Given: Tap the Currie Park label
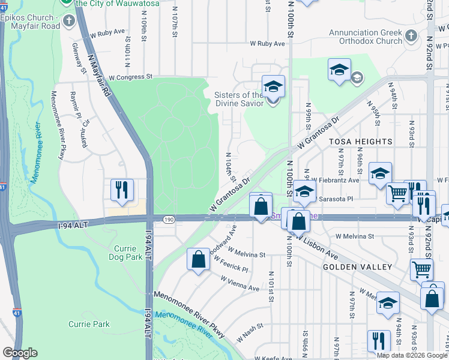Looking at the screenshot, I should [89, 324].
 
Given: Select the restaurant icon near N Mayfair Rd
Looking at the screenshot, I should [122, 190].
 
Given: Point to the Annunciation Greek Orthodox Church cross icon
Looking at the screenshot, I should [411, 37].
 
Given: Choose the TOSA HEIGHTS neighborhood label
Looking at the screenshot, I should [360, 142].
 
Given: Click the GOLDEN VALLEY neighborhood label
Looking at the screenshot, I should [357, 266].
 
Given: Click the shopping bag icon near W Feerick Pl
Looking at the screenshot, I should [198, 260].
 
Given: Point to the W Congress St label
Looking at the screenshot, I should [122, 77].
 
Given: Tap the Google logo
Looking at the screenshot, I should [20, 353].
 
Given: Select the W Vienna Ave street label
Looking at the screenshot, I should [240, 284].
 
